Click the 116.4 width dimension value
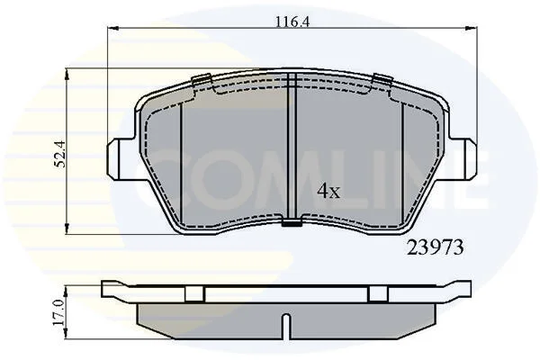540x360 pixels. tap(292, 22)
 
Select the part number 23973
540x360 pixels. tap(435, 247)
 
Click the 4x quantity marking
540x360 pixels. tap(328, 191)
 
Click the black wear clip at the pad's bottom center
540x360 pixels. tap(292, 223)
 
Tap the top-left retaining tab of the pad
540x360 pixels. tap(202, 79)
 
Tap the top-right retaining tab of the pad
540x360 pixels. tap(382, 79)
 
